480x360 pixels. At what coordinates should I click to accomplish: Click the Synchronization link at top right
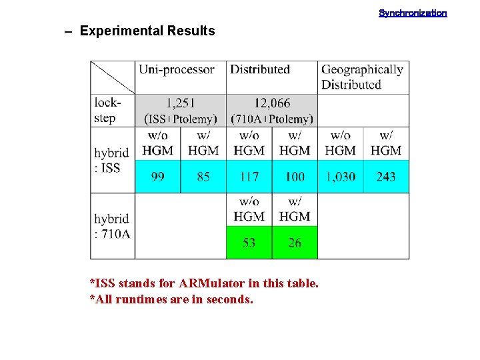pos(413,13)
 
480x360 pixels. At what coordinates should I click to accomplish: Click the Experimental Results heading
pos(147,31)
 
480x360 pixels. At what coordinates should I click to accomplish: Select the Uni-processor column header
pos(176,69)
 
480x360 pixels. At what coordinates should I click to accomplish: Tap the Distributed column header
pos(260,69)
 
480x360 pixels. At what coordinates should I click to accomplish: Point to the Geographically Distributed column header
pos(362,77)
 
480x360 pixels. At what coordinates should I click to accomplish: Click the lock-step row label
pos(107,111)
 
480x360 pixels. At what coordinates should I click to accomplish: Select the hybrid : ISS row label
pos(111,160)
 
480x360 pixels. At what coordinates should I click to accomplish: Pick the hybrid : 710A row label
pos(111,226)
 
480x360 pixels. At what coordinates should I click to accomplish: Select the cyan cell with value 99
pos(158,177)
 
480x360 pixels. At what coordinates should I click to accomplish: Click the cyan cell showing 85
pos(203,177)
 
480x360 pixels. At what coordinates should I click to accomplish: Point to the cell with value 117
pos(249,177)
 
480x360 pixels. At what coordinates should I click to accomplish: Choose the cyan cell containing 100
pos(295,177)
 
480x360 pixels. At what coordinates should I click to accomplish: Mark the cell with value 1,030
pos(340,177)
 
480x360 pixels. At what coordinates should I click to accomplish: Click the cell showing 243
pos(386,177)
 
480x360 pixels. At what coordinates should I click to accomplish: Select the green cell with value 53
pos(249,243)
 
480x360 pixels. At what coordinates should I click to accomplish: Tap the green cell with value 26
pos(295,243)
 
